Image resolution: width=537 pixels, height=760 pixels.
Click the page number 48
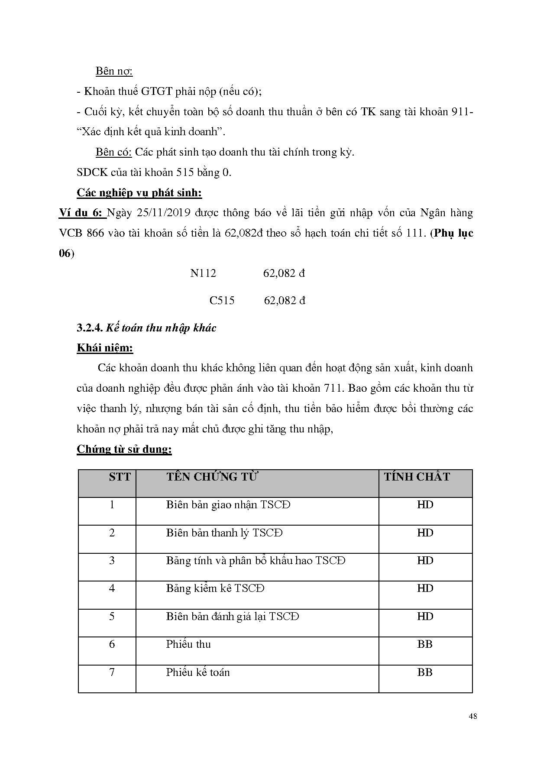pyautogui.click(x=473, y=716)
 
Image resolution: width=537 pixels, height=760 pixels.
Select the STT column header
pyautogui.click(x=120, y=477)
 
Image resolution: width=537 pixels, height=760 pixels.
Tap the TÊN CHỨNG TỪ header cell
pyautogui.click(x=212, y=477)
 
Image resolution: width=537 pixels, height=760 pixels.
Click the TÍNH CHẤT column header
pyautogui.click(x=417, y=477)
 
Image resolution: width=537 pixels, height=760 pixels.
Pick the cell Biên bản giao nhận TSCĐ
pyautogui.click(x=228, y=505)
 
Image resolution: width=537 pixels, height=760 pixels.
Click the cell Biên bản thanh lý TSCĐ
pyautogui.click(x=224, y=533)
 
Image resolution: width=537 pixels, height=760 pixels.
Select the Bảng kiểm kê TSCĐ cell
pyautogui.click(x=215, y=588)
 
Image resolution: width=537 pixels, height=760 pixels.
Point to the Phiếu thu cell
pyautogui.click(x=188, y=644)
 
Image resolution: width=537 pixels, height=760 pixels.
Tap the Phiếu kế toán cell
pyautogui.click(x=198, y=672)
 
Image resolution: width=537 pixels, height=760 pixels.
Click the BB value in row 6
pyautogui.click(x=425, y=644)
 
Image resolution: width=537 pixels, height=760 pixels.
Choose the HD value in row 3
pyautogui.click(x=425, y=561)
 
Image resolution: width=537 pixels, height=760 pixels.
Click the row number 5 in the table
pyautogui.click(x=112, y=617)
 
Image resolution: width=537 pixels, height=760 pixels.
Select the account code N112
pyautogui.click(x=203, y=273)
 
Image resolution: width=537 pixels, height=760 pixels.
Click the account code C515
pyautogui.click(x=222, y=301)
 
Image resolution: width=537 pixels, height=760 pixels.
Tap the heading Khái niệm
pyautogui.click(x=105, y=348)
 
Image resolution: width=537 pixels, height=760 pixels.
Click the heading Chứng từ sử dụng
pyautogui.click(x=124, y=449)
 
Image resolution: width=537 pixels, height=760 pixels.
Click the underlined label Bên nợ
pyautogui.click(x=114, y=71)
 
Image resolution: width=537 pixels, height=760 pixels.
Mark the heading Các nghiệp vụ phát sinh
pyautogui.click(x=139, y=193)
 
